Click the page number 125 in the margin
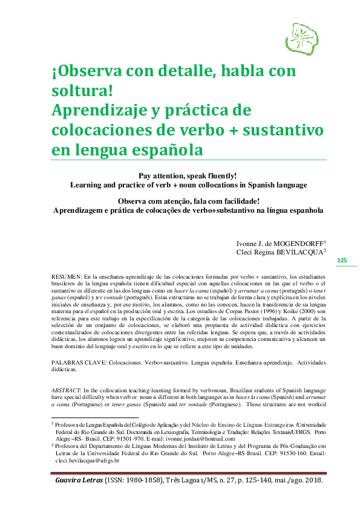(x=342, y=260)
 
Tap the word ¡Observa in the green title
(x=83, y=72)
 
